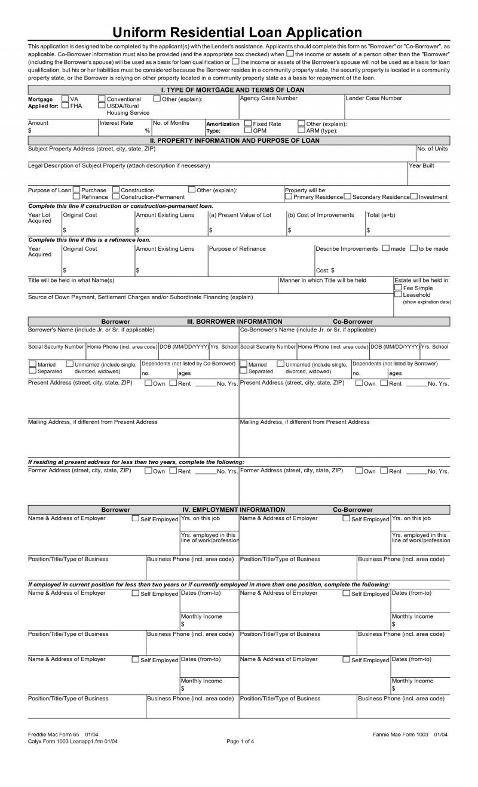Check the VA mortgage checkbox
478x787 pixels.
click(x=65, y=99)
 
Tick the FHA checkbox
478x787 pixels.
click(x=65, y=106)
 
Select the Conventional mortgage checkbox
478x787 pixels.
click(x=102, y=99)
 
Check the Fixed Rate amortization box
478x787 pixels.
click(x=248, y=124)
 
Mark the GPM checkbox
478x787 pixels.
click(x=248, y=130)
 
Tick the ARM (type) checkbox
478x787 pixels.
click(x=301, y=130)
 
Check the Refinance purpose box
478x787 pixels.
click(x=76, y=196)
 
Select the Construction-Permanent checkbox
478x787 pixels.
click(x=116, y=196)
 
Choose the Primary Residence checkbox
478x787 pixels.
click(x=289, y=196)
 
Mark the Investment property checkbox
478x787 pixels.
click(x=414, y=196)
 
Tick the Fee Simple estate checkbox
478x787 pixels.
click(x=398, y=287)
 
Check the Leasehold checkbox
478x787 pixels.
click(x=398, y=294)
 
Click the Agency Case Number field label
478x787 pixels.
click(x=268, y=99)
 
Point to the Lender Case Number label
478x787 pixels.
click(x=374, y=99)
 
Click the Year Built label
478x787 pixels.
click(x=421, y=165)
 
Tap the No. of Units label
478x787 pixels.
click(x=433, y=149)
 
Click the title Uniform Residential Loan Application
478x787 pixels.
click(x=238, y=32)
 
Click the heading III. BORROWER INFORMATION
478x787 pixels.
click(x=235, y=321)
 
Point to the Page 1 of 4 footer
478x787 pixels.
click(x=240, y=742)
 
